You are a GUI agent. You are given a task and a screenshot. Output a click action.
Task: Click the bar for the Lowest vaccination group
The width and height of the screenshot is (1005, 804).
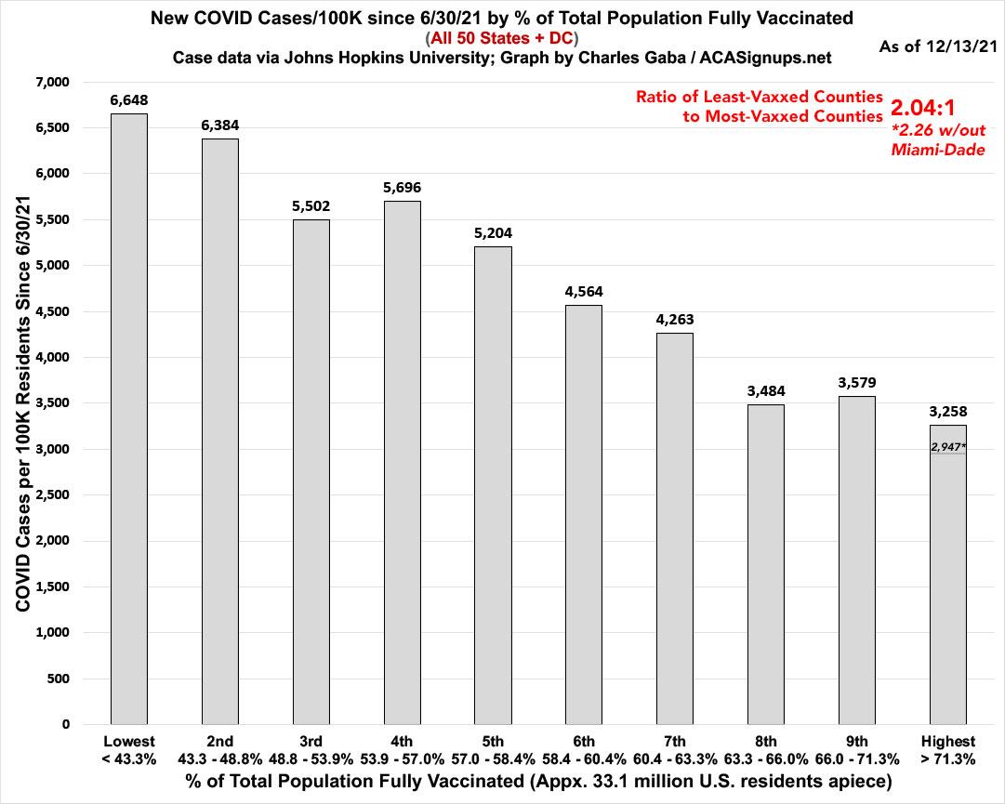pyautogui.click(x=128, y=418)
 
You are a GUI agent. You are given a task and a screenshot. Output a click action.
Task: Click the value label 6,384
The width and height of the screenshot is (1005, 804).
pyautogui.click(x=219, y=125)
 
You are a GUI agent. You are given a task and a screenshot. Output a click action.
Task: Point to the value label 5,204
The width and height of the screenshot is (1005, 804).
pyautogui.click(x=493, y=232)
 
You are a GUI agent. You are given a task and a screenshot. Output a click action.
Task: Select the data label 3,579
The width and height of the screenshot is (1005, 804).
pyautogui.click(x=856, y=382)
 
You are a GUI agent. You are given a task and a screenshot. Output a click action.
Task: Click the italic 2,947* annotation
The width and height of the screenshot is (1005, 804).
pyautogui.click(x=948, y=447)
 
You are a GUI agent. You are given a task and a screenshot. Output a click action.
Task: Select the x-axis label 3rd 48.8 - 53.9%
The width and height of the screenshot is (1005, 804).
pyautogui.click(x=311, y=750)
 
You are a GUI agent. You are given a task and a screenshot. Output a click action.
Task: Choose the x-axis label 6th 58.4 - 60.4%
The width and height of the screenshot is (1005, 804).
pyautogui.click(x=584, y=750)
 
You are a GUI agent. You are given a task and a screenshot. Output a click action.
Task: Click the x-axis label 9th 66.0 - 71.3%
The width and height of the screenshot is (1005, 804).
pyautogui.click(x=856, y=750)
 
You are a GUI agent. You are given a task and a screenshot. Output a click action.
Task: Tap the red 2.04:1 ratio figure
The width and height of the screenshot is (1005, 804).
pyautogui.click(x=922, y=108)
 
